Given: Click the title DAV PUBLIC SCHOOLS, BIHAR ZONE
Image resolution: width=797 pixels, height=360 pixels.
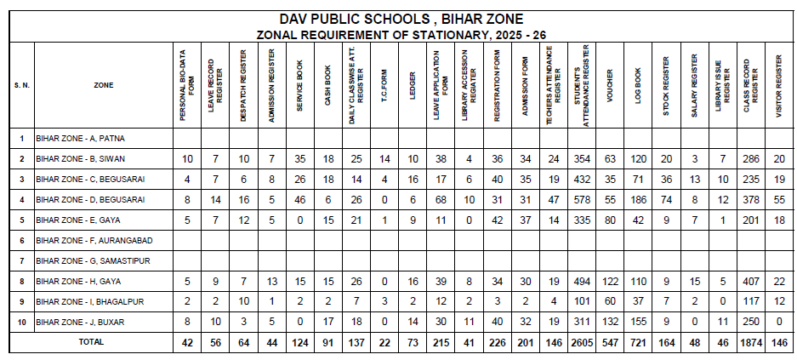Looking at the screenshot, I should coord(401,18).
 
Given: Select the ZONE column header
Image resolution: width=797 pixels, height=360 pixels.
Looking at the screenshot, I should coord(104,85).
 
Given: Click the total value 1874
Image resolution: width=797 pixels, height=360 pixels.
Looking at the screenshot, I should coord(749,342).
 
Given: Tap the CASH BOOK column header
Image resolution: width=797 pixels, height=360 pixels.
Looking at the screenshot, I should coord(328,85).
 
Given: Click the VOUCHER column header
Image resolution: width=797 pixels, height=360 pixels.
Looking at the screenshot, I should coord(610,85).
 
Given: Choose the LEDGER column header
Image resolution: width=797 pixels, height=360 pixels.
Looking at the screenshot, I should coord(412,85).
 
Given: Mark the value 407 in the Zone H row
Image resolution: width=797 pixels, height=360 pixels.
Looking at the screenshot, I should coord(749,281).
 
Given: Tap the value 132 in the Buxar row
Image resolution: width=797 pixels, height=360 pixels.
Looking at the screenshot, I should coord(610,322).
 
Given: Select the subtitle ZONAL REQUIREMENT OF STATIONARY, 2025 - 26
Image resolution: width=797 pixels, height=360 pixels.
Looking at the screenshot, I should coord(401,34).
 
